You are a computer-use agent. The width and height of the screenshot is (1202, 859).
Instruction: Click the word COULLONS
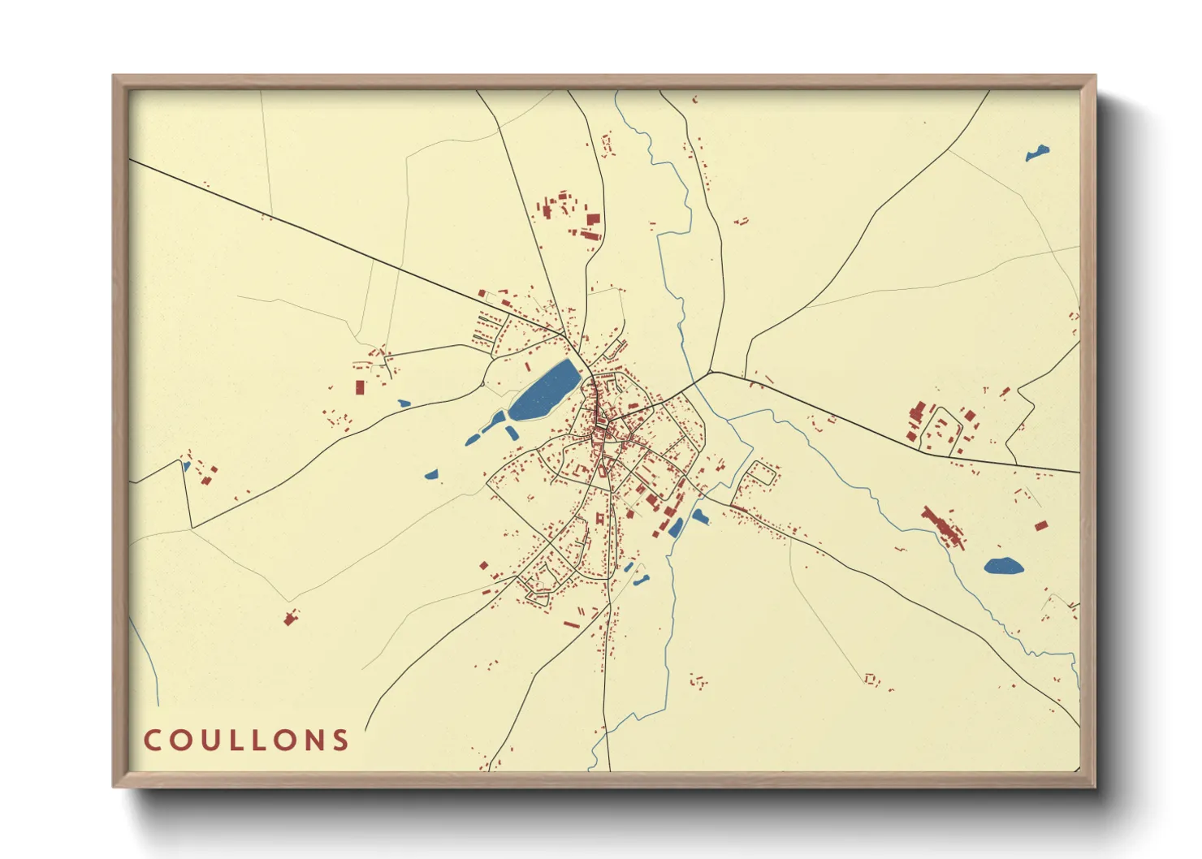click(x=246, y=740)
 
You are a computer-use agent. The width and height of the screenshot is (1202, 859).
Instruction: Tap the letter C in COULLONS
click(x=151, y=740)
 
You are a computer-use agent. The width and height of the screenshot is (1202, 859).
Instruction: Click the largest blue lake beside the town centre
click(x=544, y=391)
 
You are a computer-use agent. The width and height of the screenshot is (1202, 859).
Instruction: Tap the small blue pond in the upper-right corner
click(x=1036, y=153)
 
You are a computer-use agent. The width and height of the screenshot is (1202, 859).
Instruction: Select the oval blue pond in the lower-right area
click(x=1003, y=566)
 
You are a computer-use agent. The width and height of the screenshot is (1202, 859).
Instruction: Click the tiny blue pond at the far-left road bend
click(x=186, y=466)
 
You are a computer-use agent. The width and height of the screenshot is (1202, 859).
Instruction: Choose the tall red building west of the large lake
click(x=359, y=386)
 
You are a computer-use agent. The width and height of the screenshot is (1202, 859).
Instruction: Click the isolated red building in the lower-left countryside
click(x=288, y=619)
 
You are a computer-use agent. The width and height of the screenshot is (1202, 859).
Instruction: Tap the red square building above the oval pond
click(x=1040, y=526)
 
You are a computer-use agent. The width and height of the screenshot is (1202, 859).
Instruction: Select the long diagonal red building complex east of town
click(x=942, y=526)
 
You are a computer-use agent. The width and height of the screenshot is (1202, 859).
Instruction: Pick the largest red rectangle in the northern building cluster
click(x=593, y=218)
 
